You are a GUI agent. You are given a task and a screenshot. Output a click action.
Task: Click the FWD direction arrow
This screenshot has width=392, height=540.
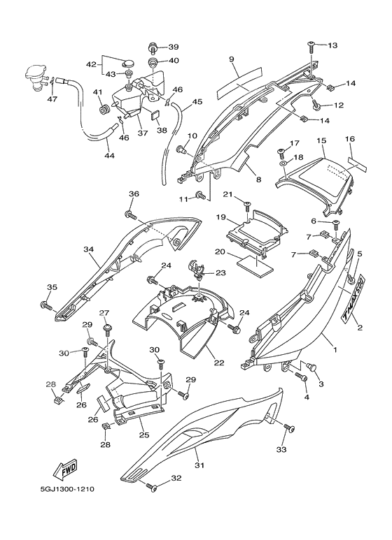click(65, 469)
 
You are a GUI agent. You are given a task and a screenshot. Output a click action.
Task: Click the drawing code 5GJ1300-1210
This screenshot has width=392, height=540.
click(67, 489)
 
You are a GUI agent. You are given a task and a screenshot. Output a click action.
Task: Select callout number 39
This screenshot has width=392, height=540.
click(173, 47)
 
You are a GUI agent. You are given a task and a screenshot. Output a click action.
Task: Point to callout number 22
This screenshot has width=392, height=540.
click(219, 363)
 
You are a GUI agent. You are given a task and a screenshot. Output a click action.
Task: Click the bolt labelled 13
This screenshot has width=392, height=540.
click(311, 46)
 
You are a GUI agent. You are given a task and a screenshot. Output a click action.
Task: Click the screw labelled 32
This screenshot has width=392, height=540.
click(151, 488)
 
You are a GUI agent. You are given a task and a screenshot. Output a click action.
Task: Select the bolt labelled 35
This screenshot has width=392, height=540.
click(46, 305)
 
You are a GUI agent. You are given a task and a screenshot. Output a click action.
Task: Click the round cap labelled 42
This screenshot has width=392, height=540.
click(129, 63)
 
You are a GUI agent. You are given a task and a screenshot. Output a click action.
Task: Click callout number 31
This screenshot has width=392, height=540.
click(199, 465)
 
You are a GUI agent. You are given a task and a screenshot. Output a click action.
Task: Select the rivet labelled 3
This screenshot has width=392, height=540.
click(312, 367)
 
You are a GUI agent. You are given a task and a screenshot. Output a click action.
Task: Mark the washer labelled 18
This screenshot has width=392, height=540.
click(283, 162)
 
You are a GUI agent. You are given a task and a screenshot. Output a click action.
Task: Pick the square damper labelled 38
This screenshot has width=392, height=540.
click(156, 115)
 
